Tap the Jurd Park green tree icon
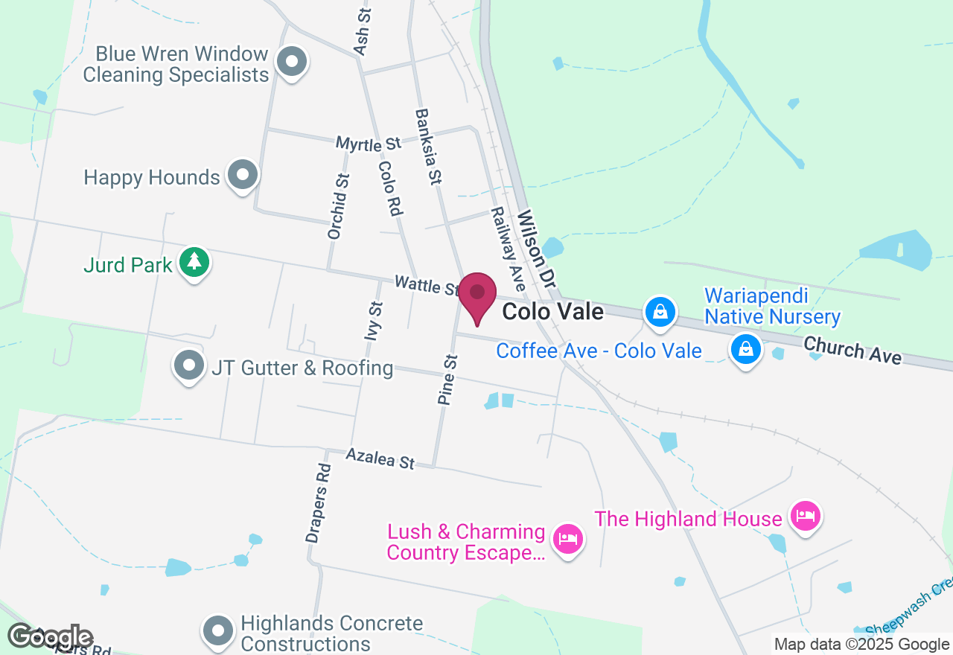(194, 261)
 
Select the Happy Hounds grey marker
(242, 175)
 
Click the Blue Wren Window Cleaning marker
(292, 62)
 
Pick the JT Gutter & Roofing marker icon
(189, 365)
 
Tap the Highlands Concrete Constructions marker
(217, 630)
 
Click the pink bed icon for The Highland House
(805, 514)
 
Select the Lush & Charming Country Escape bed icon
(568, 537)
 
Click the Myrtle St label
(368, 143)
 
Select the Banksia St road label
(429, 147)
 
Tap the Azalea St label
(380, 459)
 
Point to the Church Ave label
(852, 351)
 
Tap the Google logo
(50, 637)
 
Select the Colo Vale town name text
(552, 311)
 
